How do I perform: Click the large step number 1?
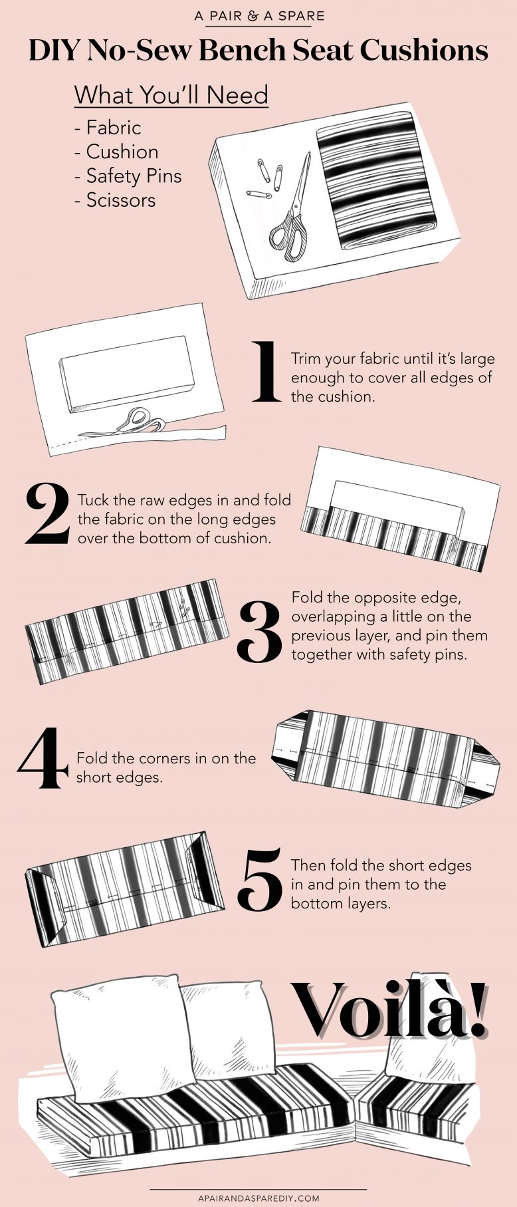click(x=267, y=372)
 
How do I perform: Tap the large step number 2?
click(x=47, y=513)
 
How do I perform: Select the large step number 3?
click(x=260, y=632)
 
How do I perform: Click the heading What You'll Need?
click(x=171, y=95)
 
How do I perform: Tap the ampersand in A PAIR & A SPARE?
click(x=253, y=15)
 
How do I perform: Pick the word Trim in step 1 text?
click(x=307, y=358)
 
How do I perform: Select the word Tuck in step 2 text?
click(x=93, y=500)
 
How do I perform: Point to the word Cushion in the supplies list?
click(x=122, y=152)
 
